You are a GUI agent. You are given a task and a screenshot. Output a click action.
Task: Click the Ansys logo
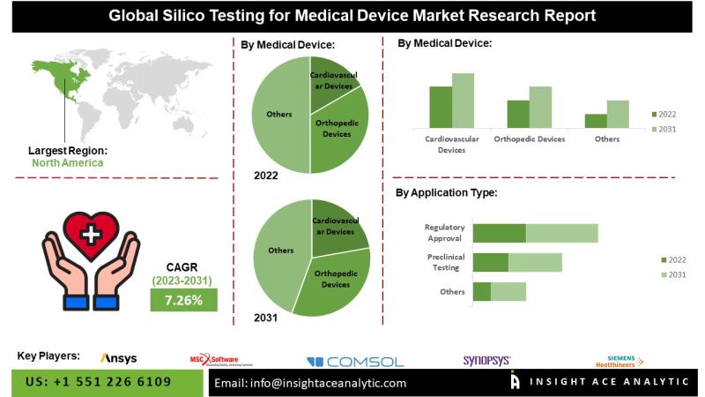coord(118,358)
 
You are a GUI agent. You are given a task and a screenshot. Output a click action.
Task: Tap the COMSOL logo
coord(355,362)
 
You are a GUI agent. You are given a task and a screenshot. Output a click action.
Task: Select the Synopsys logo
coord(486,360)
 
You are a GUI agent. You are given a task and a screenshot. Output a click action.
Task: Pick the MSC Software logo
coord(215,359)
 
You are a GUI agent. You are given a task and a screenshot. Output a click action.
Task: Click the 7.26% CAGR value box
coord(182,300)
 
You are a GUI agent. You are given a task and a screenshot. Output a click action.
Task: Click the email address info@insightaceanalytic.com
coord(310,383)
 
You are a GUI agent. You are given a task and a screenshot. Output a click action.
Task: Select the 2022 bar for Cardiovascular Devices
coord(441,107)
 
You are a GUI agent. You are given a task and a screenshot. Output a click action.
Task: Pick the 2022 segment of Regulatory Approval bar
coord(499,233)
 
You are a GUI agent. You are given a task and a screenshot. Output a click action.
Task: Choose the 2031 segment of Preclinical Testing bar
coord(535,262)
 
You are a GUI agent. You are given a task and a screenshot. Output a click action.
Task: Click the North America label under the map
coord(67,162)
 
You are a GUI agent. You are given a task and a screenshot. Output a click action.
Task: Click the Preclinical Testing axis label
coord(441,262)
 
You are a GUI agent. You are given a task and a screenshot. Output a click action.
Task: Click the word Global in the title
coord(135,16)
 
